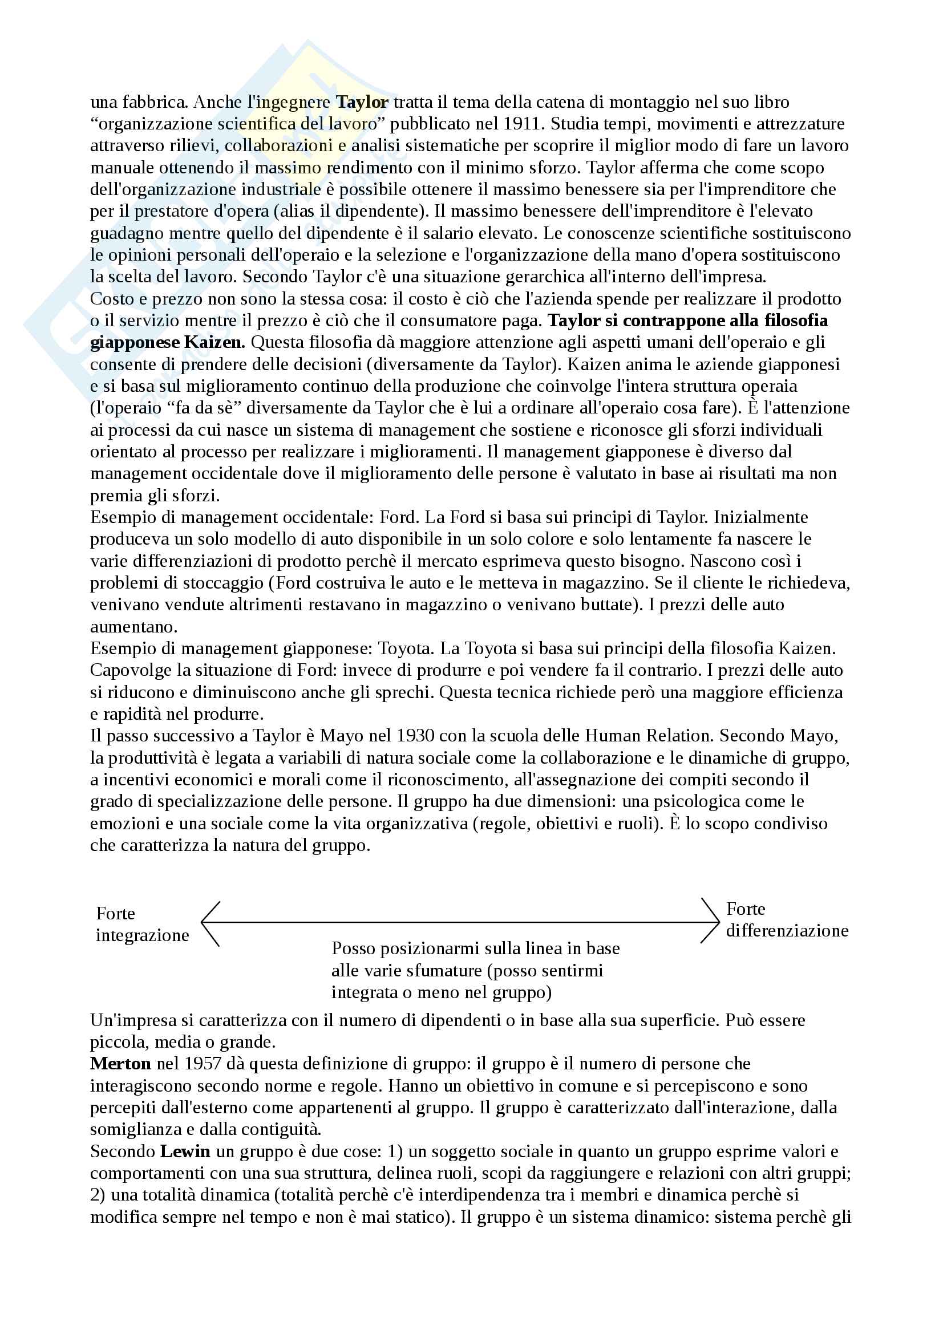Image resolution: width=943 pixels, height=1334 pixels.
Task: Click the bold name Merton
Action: [x=120, y=1063]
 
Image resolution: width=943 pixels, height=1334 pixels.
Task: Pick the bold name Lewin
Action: [x=185, y=1151]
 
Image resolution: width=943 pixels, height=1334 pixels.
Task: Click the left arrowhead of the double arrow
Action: [x=205, y=922]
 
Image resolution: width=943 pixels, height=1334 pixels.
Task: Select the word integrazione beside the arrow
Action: [x=143, y=935]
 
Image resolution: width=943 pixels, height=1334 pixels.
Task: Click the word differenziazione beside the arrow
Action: [x=787, y=930]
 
